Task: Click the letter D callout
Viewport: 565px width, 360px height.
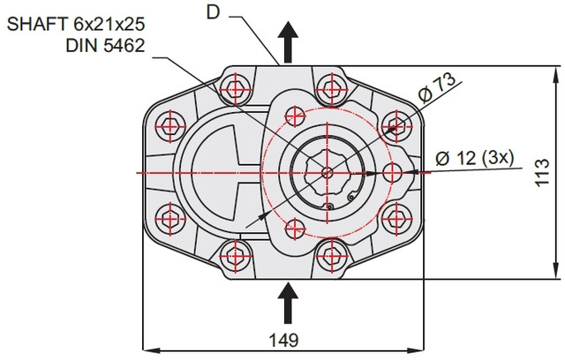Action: coord(212,11)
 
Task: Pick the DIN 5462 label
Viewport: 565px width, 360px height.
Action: coord(102,45)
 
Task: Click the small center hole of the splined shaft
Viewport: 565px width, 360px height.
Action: coord(328,172)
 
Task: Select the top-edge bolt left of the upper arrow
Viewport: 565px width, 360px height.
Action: coord(236,88)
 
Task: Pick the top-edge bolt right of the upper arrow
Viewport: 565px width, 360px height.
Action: coord(329,88)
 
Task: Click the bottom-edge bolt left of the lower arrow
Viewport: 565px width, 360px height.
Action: coord(236,256)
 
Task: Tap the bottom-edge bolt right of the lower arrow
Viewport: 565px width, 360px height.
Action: coord(329,256)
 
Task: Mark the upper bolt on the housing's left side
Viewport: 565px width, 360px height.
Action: coord(170,126)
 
